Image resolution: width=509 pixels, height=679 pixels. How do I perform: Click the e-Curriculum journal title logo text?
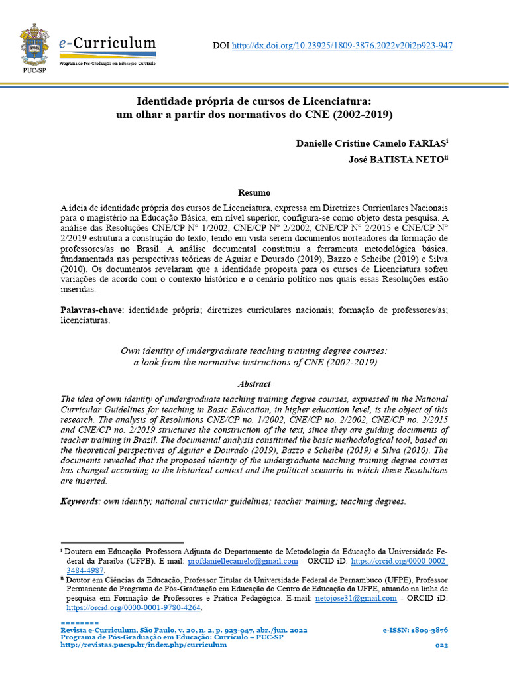click(x=108, y=44)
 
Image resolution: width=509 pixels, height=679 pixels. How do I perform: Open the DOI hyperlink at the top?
click(x=341, y=46)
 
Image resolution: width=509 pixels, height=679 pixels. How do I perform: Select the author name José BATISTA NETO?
click(x=397, y=160)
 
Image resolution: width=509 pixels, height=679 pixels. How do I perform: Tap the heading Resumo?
click(x=254, y=194)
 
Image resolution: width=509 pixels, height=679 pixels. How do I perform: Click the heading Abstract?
click(x=254, y=384)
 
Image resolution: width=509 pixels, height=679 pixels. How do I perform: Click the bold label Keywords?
click(x=79, y=501)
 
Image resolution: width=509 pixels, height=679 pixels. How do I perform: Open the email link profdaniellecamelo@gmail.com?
click(x=243, y=561)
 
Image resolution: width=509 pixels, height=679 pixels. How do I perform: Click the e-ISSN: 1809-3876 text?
click(x=415, y=630)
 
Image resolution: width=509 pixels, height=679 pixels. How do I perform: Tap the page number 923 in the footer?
click(x=441, y=645)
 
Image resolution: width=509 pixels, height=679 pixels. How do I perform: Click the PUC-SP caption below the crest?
click(x=34, y=68)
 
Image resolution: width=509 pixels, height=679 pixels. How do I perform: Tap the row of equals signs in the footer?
click(x=79, y=623)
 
